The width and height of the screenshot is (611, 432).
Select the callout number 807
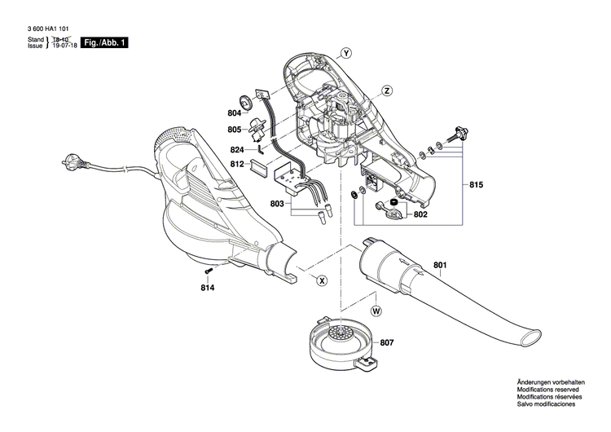(385, 343)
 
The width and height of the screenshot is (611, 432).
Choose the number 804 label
(235, 112)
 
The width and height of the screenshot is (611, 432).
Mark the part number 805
(235, 130)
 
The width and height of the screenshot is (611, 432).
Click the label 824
(237, 150)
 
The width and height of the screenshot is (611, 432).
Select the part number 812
(237, 164)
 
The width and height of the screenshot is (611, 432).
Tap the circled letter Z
(387, 90)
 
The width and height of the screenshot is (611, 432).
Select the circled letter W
(376, 311)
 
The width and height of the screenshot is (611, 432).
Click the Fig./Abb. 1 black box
(103, 42)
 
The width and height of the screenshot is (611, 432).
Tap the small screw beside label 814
(209, 270)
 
